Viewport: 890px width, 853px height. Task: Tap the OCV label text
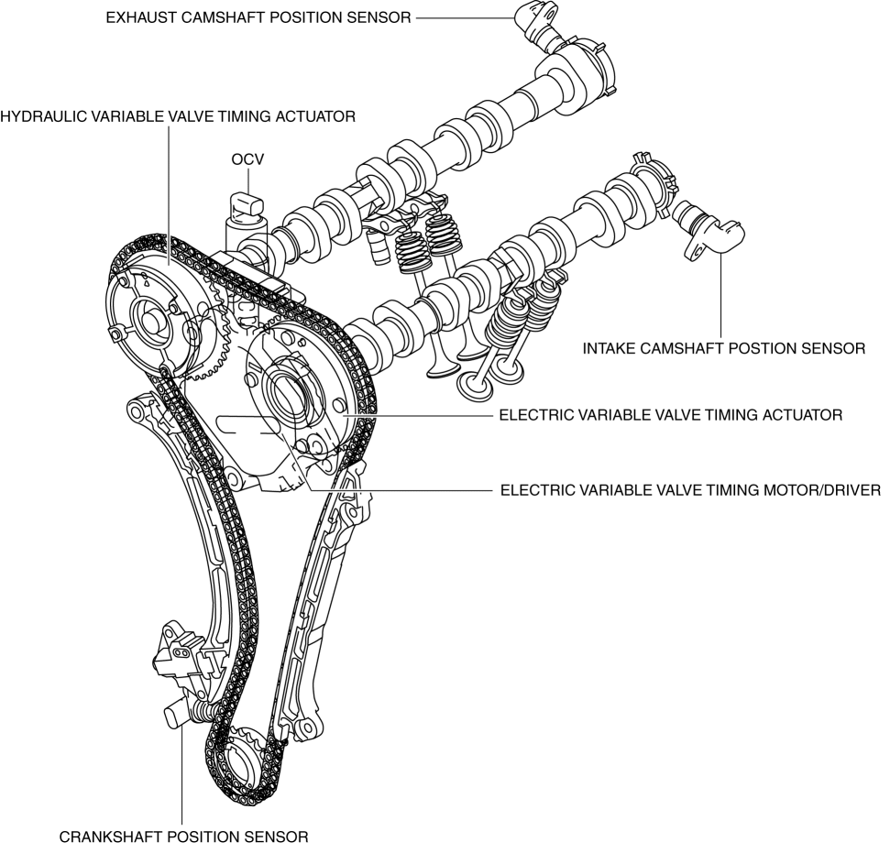coord(247,159)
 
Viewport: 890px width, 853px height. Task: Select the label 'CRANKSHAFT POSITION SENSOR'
coord(183,837)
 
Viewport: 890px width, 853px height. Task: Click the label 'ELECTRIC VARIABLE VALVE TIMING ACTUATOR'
coord(670,415)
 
